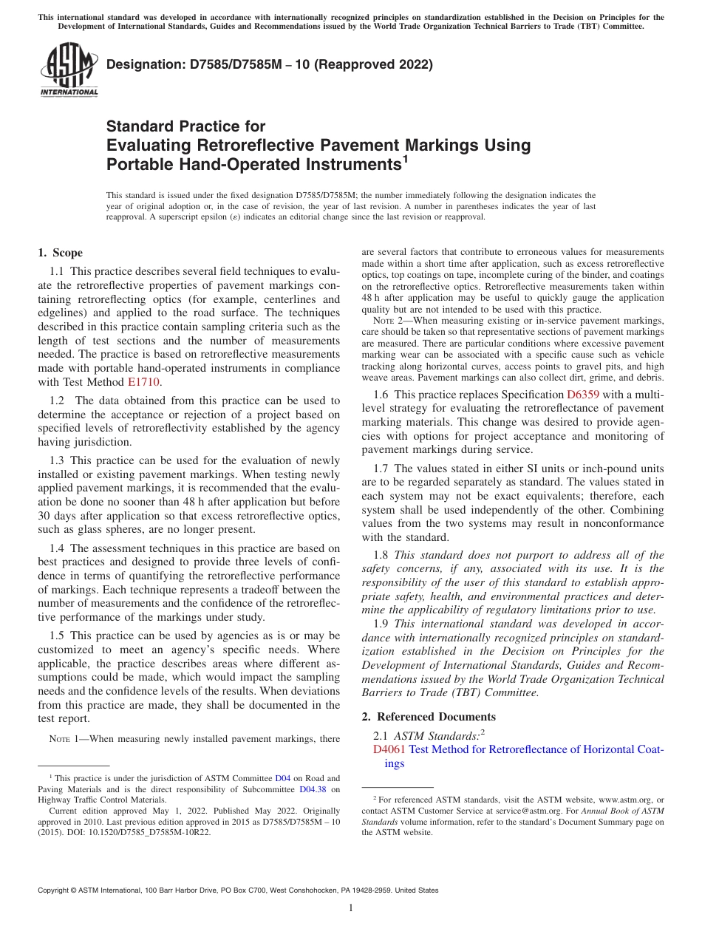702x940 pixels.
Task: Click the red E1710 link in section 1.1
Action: (x=143, y=382)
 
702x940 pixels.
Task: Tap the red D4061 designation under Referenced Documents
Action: (x=389, y=749)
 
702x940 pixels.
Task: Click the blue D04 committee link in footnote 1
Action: (x=282, y=778)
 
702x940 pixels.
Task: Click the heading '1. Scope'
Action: (x=60, y=253)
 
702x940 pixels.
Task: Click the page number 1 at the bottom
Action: (x=351, y=908)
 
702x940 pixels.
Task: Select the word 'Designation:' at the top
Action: (x=142, y=65)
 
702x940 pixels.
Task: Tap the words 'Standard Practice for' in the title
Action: (x=185, y=126)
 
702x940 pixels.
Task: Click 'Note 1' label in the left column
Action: (x=64, y=739)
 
